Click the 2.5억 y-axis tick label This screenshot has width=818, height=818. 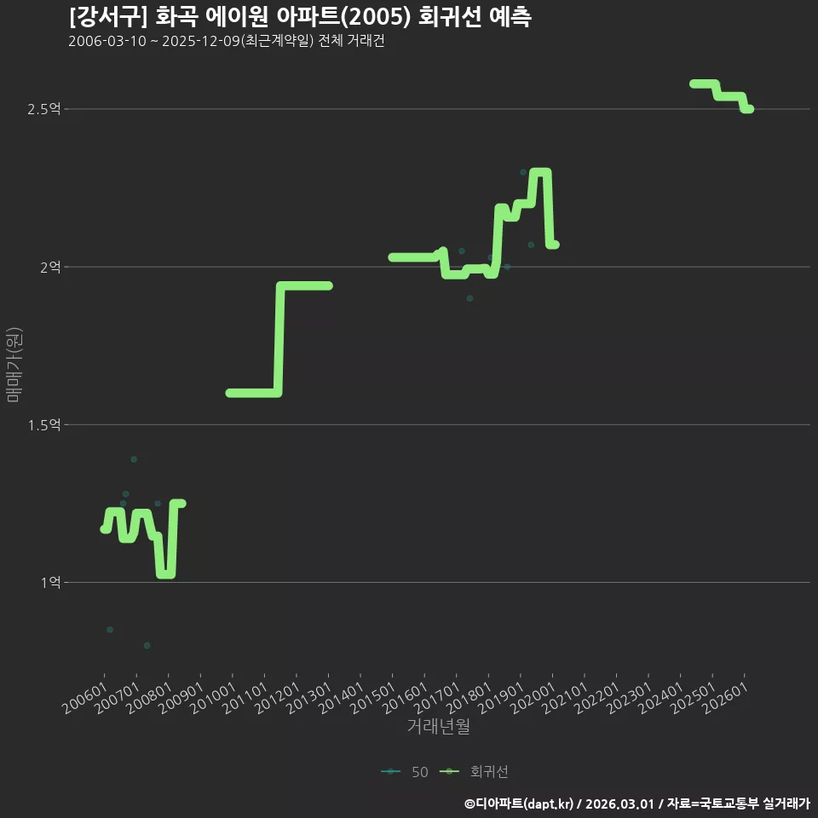43,109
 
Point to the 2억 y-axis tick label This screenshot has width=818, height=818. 50,267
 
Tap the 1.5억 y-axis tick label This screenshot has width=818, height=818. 43,425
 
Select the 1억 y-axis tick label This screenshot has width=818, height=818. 50,582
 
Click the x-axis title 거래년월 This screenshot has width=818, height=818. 438,726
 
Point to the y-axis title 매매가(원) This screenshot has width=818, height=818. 14,366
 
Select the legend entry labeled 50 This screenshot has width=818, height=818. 405,772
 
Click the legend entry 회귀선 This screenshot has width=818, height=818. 474,772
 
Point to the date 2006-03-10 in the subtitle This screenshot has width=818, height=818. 107,41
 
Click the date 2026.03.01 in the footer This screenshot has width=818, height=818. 619,804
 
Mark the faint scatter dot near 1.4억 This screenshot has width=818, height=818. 134,459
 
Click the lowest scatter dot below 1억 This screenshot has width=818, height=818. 147,645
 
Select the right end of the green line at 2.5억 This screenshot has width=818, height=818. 750,109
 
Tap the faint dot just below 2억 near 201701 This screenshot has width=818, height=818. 470,298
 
